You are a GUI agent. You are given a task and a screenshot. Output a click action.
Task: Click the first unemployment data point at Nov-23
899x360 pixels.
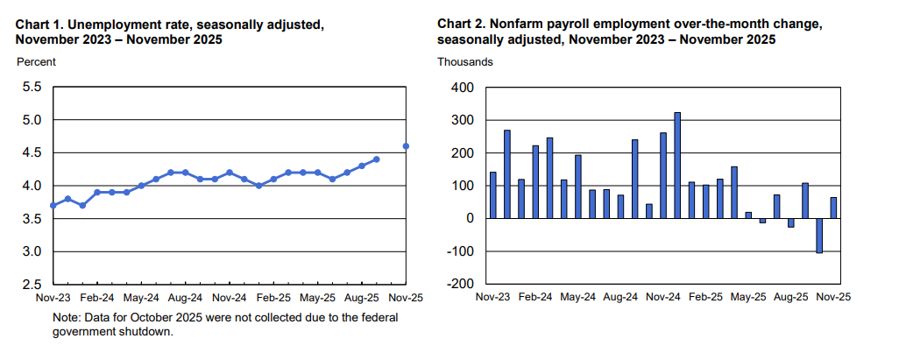coord(53,205)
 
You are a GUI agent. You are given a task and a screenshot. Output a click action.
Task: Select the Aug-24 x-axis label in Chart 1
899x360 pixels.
coord(186,298)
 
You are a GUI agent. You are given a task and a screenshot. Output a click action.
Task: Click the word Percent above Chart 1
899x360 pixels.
coord(36,61)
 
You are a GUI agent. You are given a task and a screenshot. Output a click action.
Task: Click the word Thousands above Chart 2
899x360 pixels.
coord(465,61)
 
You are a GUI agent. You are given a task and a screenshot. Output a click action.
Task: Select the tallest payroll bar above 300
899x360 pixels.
coord(676,165)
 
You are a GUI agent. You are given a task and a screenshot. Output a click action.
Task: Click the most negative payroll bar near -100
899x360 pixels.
coord(819,236)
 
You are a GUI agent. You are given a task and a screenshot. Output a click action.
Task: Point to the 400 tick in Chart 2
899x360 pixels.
coord(462,88)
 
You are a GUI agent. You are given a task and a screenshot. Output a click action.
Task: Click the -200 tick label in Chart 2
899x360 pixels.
coord(459,285)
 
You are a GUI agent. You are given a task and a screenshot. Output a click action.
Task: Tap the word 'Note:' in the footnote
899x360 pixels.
coord(67,318)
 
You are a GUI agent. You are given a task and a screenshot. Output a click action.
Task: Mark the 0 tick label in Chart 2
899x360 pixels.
coord(470,219)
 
